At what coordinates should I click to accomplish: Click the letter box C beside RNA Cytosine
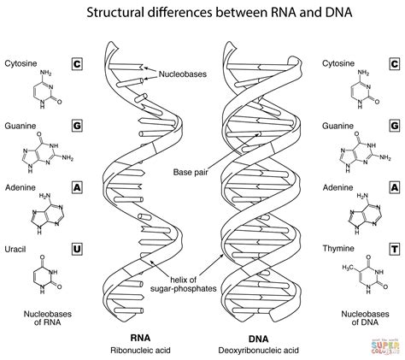coord(76,64)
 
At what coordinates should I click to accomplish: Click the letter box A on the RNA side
coord(76,188)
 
